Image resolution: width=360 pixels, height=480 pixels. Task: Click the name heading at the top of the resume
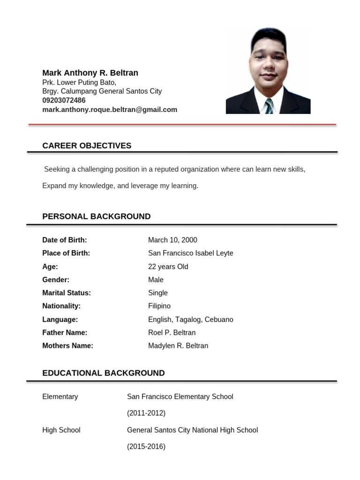point(90,73)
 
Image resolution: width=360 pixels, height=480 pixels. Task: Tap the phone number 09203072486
point(64,100)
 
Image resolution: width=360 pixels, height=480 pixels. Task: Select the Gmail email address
point(110,110)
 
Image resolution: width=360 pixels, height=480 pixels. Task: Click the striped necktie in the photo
point(269,106)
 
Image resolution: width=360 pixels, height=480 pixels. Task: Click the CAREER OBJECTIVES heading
point(87,146)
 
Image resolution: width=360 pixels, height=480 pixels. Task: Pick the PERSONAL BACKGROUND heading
point(96,217)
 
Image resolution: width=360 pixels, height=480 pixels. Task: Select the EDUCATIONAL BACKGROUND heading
point(103,373)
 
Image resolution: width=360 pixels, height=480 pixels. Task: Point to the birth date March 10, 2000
point(172,240)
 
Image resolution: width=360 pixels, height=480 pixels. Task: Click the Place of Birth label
point(66,253)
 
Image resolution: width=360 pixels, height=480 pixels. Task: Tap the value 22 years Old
point(168,267)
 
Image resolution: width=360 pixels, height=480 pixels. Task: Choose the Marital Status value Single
point(157,293)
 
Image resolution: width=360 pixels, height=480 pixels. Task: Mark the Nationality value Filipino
point(159,306)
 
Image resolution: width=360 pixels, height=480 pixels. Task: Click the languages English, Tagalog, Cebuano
point(190,320)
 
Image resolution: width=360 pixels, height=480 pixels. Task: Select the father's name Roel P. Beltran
point(172,333)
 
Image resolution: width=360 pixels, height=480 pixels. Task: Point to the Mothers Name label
point(67,346)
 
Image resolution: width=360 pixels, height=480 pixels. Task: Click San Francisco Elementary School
point(180,397)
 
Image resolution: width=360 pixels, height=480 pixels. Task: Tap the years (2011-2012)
point(146,413)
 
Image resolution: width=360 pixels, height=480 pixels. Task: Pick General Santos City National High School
point(192,430)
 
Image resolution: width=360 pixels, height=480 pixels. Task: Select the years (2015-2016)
point(146,447)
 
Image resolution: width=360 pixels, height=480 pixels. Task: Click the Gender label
point(56,280)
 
